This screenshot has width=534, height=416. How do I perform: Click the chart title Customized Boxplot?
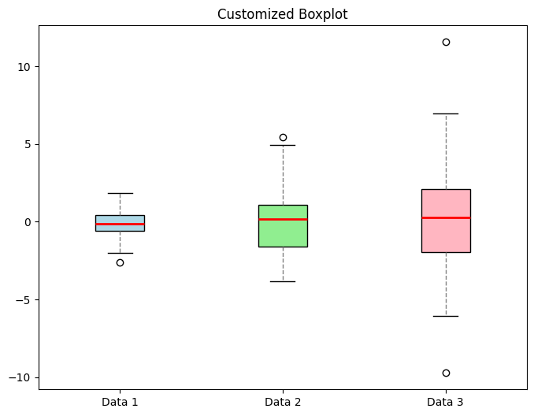(x=282, y=14)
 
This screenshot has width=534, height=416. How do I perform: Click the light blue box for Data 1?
(x=120, y=219)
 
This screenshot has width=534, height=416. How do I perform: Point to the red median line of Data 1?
(x=120, y=225)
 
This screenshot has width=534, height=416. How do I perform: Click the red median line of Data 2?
(x=283, y=219)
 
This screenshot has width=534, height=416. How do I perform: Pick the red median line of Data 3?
(x=446, y=217)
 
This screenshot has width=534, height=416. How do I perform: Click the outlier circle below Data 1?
(x=120, y=262)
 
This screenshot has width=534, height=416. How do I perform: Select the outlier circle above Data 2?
(x=283, y=137)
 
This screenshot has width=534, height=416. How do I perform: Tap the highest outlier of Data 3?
(x=446, y=42)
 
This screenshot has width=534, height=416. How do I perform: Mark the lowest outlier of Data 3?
(x=446, y=373)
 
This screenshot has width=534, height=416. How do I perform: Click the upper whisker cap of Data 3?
(x=446, y=113)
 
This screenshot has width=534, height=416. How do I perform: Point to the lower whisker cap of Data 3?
(x=446, y=316)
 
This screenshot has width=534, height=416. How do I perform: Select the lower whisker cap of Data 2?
(x=283, y=281)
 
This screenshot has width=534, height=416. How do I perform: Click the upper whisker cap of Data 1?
(x=120, y=193)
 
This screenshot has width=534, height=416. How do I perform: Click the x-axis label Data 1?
(x=120, y=403)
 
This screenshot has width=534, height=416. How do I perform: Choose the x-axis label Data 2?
(x=283, y=403)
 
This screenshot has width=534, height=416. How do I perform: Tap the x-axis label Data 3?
(x=446, y=403)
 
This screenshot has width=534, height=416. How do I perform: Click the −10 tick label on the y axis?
(x=21, y=377)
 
